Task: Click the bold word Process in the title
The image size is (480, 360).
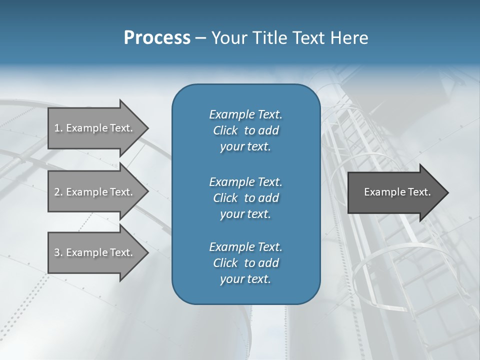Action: coord(157,38)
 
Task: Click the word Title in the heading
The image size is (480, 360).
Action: coord(270,38)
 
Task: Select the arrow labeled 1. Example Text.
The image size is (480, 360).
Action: coord(95,128)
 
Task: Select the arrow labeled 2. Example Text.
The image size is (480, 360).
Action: coord(95,192)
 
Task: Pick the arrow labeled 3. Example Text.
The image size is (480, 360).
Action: coord(95,252)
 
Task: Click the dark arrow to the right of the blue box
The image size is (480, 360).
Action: coord(395,192)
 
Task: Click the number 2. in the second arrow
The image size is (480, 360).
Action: coord(58,192)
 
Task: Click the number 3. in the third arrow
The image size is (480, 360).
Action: coord(58,252)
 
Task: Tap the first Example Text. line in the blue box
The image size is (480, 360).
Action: coord(245,114)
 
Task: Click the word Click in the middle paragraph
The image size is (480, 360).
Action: coord(225,198)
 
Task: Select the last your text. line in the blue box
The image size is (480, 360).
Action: coord(245,279)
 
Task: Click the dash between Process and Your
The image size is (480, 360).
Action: coord(200,38)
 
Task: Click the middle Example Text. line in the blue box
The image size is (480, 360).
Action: coord(245,182)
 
